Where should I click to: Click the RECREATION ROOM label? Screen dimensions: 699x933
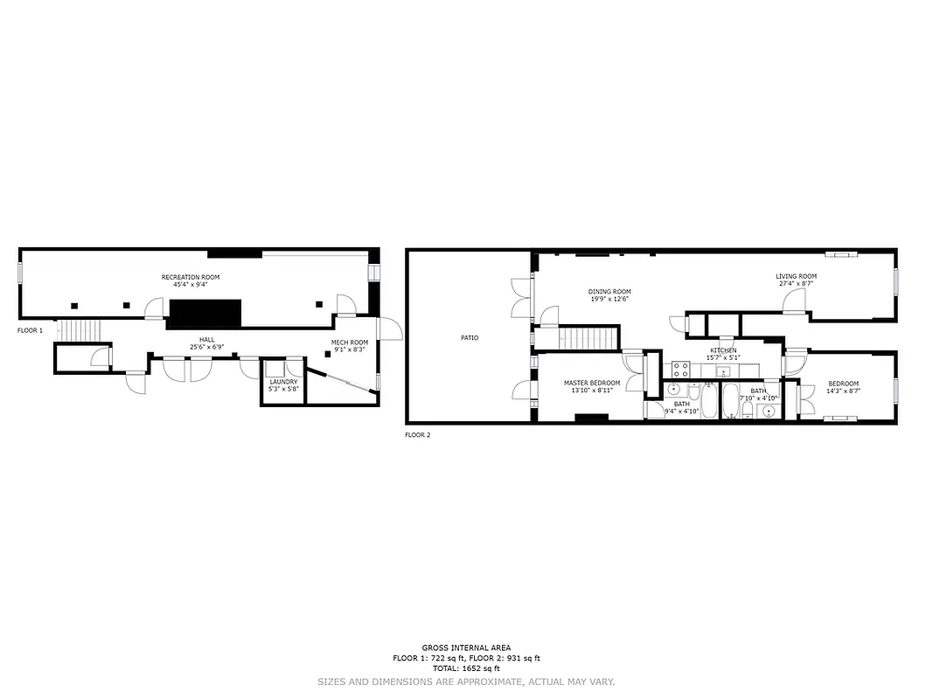pos(191,277)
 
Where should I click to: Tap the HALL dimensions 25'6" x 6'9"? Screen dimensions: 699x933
pos(206,347)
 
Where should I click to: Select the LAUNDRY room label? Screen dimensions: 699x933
pos(283,382)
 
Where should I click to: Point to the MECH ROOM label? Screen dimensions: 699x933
pos(350,342)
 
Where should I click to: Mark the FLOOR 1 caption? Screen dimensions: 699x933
pos(30,331)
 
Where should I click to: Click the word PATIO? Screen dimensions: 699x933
pos(470,337)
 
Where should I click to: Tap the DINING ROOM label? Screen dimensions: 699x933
pos(609,292)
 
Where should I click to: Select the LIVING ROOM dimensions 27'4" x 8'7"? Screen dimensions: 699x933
pos(796,284)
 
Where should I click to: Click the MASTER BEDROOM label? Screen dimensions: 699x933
pos(592,383)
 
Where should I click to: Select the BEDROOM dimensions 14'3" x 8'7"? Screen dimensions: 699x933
pos(844,391)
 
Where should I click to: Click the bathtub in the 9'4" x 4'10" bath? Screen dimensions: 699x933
pos(708,403)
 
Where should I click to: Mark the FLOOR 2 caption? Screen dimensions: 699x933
pos(417,434)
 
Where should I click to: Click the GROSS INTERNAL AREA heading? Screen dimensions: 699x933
pos(466,647)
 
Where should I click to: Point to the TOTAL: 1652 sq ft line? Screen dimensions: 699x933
pos(466,668)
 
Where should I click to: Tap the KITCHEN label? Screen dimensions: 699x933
pos(723,349)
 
